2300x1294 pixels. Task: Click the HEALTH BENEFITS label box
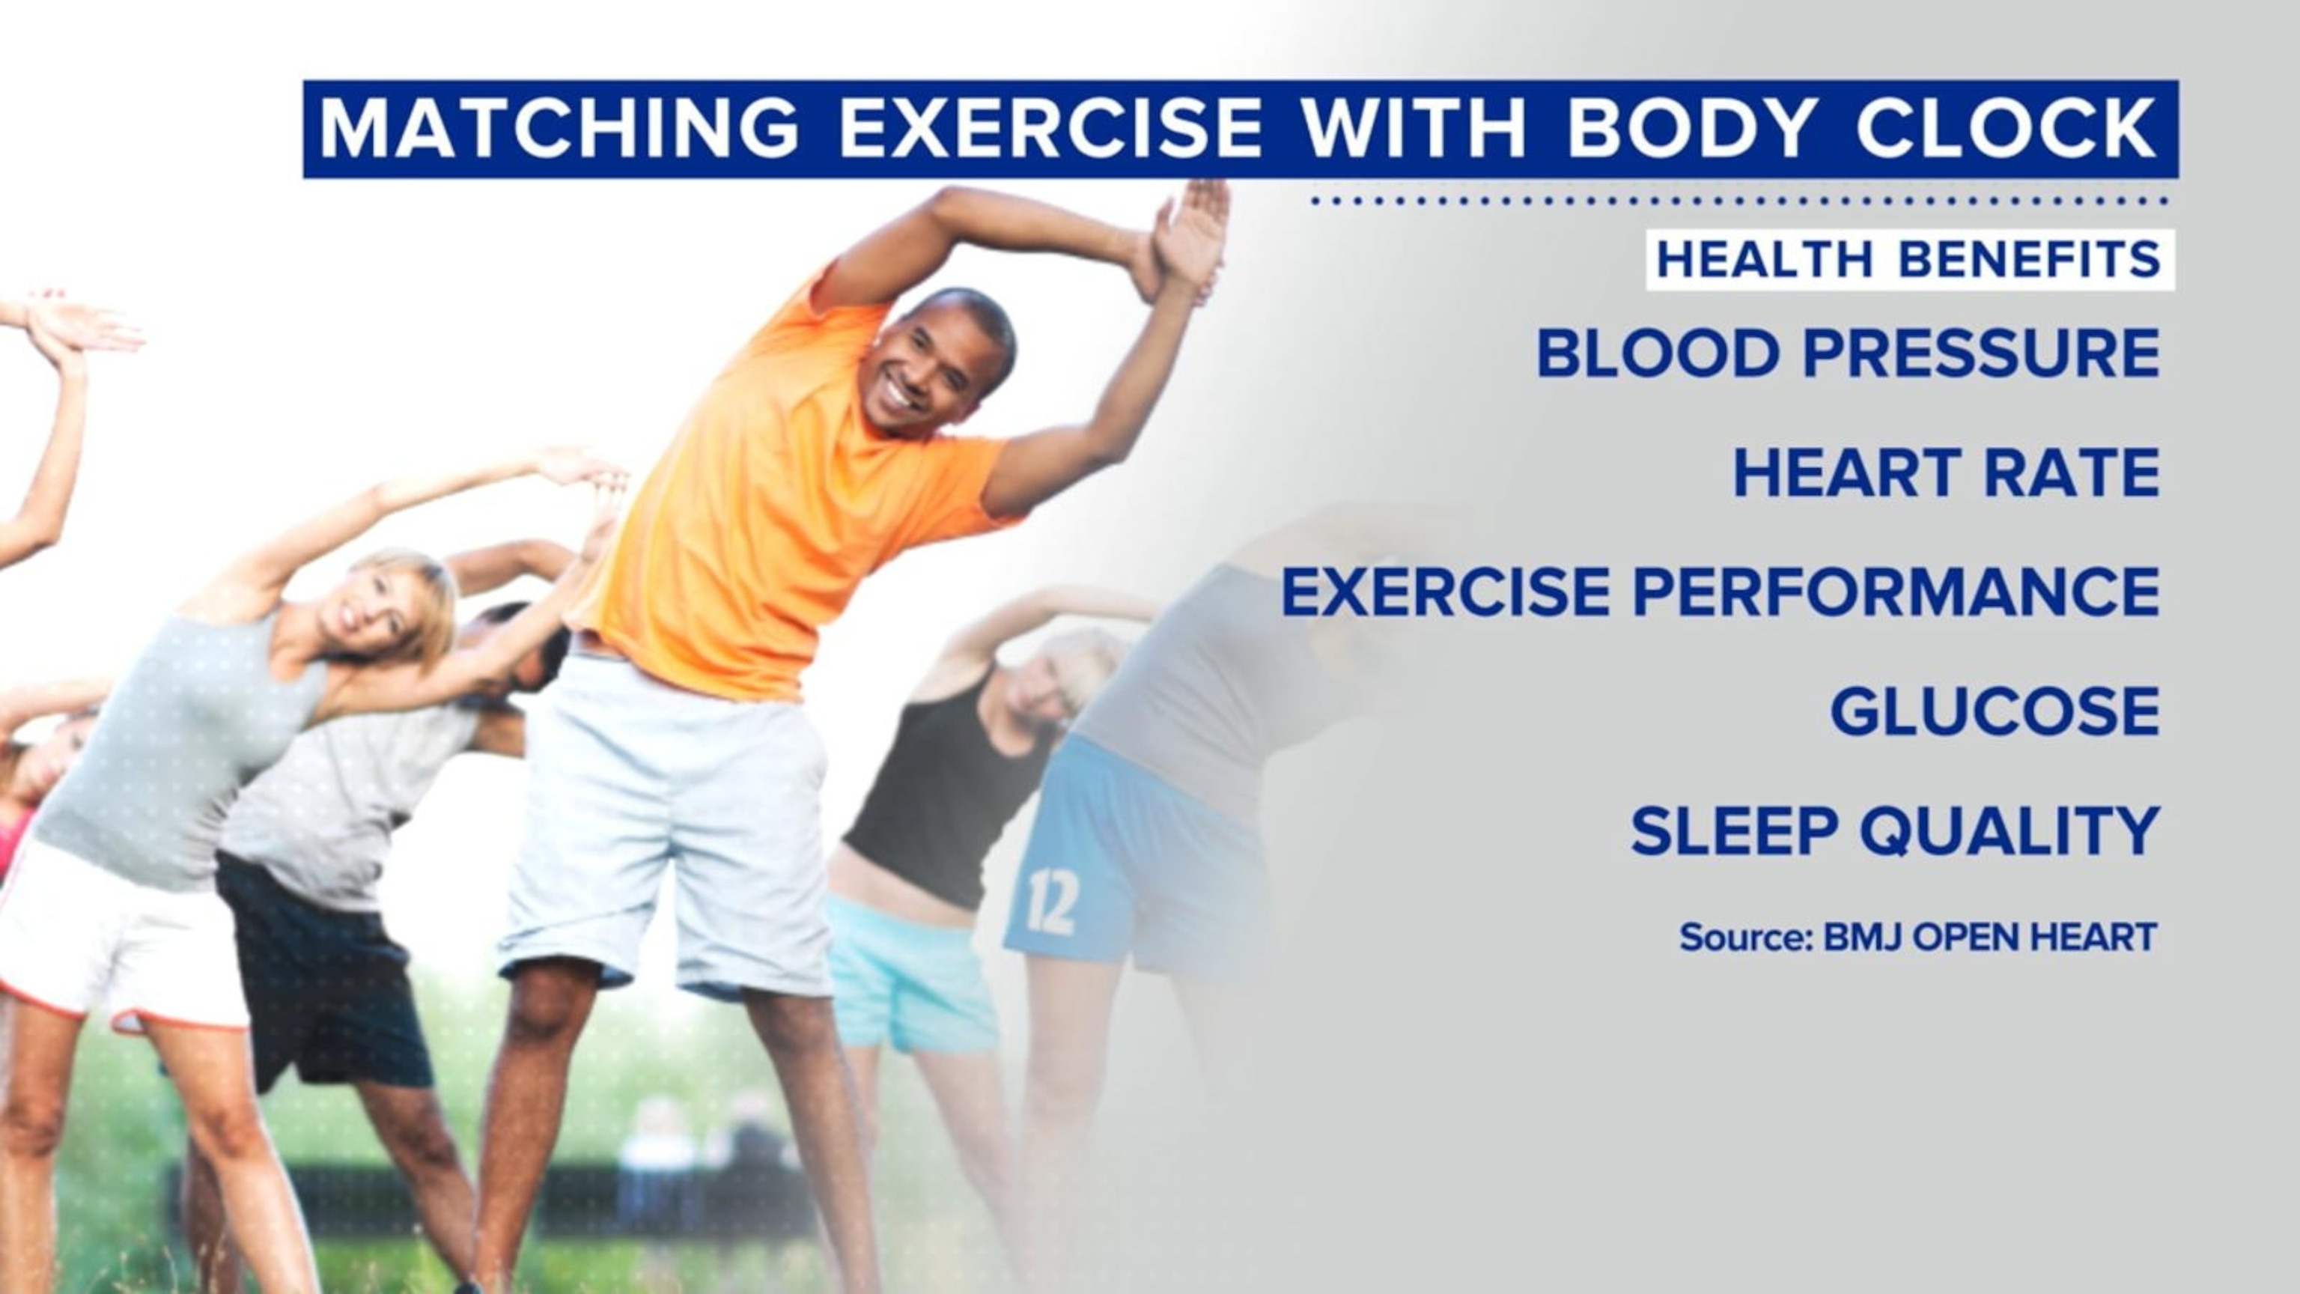coord(1910,260)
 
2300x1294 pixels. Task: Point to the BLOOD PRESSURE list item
coord(1847,353)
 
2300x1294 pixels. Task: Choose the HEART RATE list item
coord(1947,473)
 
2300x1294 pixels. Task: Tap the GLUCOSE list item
coord(1995,711)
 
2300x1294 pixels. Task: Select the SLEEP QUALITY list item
coord(1896,830)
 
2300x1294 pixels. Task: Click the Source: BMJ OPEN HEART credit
coord(1918,938)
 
